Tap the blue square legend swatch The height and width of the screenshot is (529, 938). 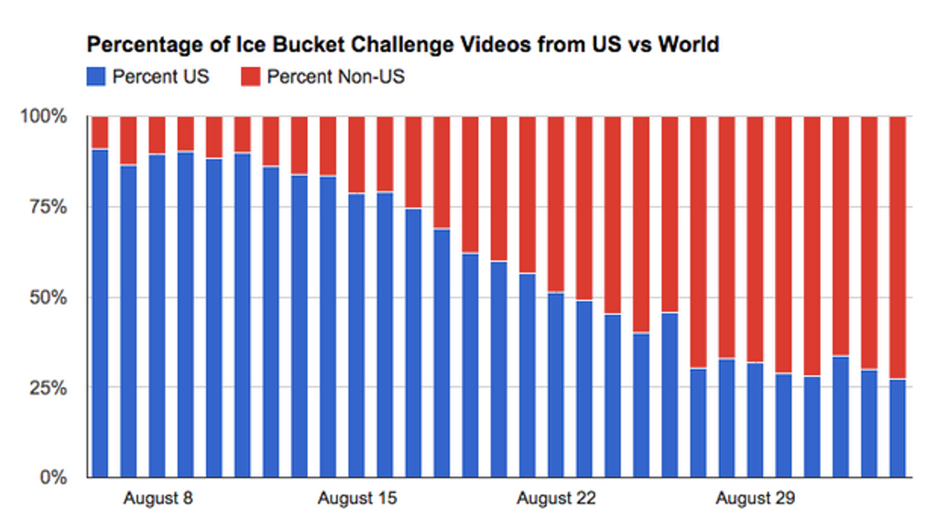coord(96,76)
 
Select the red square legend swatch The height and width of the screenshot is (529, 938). coord(251,76)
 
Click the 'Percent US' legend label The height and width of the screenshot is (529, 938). coord(160,76)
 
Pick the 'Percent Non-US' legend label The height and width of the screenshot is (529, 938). coord(335,76)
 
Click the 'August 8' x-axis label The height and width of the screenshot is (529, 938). coord(158,499)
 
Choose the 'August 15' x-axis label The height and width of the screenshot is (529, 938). coord(357,499)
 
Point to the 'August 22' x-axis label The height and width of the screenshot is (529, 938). coord(556,499)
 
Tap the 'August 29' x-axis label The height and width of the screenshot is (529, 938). coord(756,499)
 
